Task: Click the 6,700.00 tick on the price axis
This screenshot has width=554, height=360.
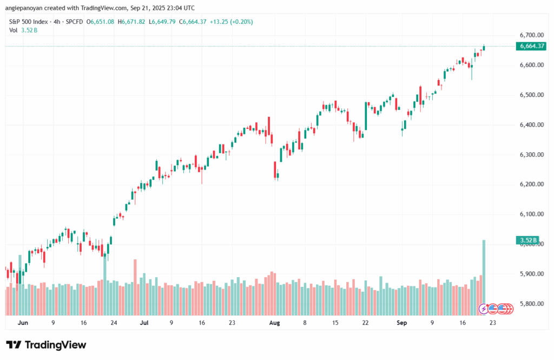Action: [530, 35]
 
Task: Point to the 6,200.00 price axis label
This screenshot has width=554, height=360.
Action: [530, 185]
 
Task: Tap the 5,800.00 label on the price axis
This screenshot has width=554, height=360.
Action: [530, 304]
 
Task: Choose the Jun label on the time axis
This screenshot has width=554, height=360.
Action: [23, 323]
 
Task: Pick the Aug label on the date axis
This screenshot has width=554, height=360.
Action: [275, 323]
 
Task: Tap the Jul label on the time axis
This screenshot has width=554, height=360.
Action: [144, 323]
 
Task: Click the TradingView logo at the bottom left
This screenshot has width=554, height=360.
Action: [46, 345]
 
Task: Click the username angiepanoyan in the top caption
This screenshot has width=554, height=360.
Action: [24, 8]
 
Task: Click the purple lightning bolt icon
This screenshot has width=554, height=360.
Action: [484, 309]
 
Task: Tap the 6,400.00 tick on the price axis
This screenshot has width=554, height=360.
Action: [530, 125]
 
